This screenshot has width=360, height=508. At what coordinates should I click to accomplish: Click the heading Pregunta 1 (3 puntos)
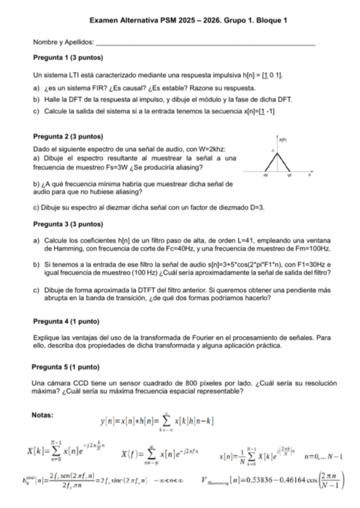tap(69, 58)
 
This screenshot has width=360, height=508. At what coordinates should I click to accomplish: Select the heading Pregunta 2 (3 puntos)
tap(69, 137)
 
